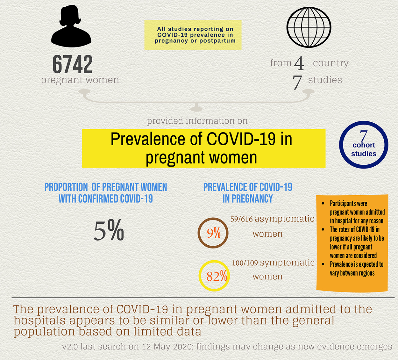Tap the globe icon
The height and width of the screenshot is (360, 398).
click(x=309, y=27)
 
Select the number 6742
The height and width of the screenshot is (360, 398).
click(x=73, y=64)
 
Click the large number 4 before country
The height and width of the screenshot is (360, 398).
click(x=299, y=63)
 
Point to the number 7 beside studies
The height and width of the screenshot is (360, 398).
click(x=297, y=82)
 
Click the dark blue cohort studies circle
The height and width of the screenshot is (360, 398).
click(x=364, y=145)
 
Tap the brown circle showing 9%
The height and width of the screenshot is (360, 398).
click(x=213, y=233)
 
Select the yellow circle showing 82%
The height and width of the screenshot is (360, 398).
click(x=214, y=276)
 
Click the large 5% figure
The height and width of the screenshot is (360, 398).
click(x=109, y=230)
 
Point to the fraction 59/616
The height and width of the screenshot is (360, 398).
click(x=241, y=219)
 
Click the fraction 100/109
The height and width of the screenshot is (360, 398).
click(x=245, y=263)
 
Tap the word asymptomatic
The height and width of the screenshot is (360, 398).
click(x=284, y=219)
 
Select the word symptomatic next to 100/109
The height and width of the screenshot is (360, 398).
click(x=287, y=263)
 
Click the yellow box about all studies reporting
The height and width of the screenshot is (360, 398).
click(x=193, y=35)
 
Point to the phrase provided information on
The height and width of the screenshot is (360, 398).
click(x=197, y=121)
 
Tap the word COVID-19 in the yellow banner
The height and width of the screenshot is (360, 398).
click(x=241, y=139)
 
